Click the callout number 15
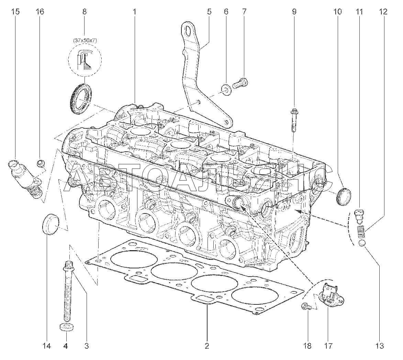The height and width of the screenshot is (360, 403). [15, 12]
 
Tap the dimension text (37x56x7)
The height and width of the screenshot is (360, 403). [84, 40]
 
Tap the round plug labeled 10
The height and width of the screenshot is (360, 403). [344, 196]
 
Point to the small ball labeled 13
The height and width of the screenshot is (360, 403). [362, 243]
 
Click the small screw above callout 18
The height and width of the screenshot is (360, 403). [306, 306]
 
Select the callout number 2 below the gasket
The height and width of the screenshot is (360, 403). [207, 346]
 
